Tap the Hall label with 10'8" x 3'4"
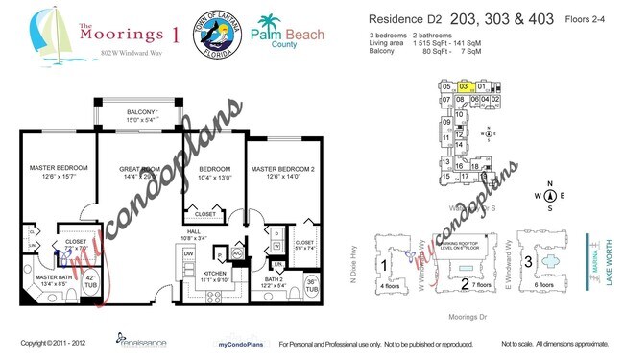[x=194, y=233]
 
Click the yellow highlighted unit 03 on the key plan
[x=464, y=86]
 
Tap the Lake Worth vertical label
[x=605, y=265]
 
